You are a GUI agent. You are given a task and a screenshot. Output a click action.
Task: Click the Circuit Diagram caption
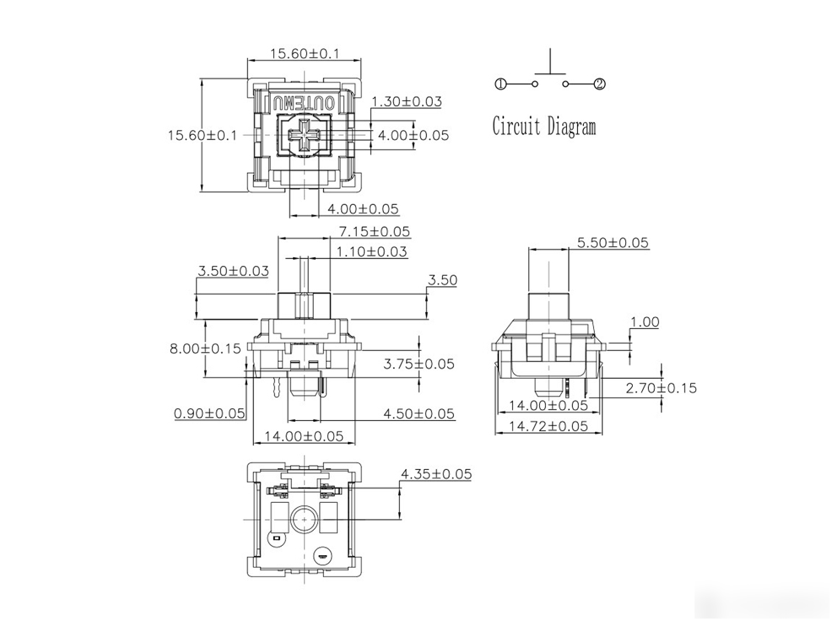point(543,127)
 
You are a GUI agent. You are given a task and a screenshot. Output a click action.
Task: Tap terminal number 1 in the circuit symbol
point(500,84)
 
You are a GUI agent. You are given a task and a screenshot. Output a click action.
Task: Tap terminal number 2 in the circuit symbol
point(600,84)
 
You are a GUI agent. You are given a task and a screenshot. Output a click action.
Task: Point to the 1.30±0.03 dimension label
point(407,101)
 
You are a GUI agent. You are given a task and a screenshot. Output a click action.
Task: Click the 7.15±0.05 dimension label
point(375,231)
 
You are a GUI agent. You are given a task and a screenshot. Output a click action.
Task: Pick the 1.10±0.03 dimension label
point(371,251)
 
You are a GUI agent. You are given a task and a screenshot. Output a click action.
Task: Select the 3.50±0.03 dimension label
point(233,271)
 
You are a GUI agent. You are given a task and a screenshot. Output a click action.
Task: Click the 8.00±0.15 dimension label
point(206,349)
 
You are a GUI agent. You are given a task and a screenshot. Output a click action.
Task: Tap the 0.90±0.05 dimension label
point(209,413)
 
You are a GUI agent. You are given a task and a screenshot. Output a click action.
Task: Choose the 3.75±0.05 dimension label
point(419,364)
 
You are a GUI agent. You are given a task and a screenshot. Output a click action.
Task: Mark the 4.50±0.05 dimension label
point(419,413)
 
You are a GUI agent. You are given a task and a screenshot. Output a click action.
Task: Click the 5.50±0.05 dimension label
point(613,243)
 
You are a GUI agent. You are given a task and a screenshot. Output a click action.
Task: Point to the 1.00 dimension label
point(645,322)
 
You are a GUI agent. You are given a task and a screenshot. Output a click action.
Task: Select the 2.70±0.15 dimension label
point(662,388)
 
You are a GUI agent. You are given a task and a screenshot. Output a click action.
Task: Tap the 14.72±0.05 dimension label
point(549,426)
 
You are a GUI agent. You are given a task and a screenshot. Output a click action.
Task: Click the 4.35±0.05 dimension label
point(436,473)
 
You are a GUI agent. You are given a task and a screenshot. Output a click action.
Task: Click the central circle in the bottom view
point(304,518)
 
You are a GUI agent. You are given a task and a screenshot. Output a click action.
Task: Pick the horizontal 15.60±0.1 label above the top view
point(305,53)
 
